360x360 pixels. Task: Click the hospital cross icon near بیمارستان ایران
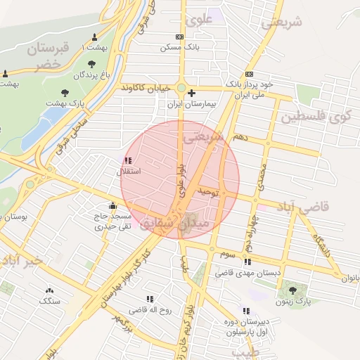tap(191, 93)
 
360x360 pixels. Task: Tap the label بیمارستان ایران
tap(191, 103)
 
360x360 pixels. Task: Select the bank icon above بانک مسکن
tap(180, 37)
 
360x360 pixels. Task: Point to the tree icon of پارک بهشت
tap(65, 92)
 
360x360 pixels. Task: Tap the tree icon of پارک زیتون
tap(292, 290)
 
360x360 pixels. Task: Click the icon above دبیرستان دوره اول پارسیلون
tap(245, 310)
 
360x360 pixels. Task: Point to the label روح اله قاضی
tap(155, 309)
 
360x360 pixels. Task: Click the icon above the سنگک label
tap(50, 290)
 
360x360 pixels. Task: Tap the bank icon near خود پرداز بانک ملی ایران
tap(250, 74)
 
